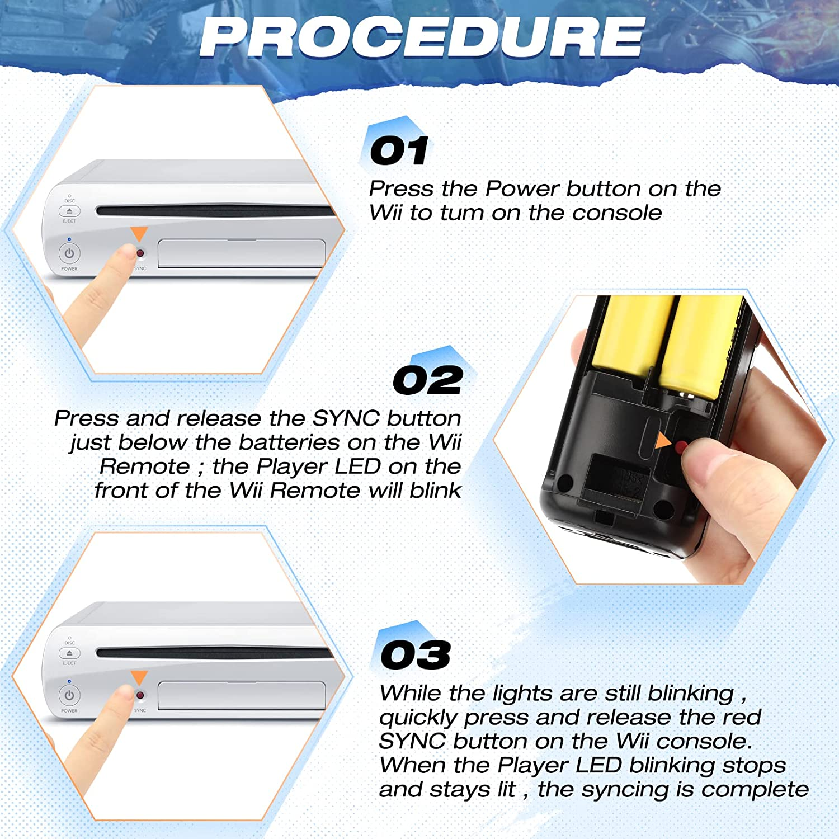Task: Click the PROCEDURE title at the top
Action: point(422,37)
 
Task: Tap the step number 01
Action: point(399,150)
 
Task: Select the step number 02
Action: point(428,380)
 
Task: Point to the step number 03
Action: point(416,655)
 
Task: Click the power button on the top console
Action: point(69,253)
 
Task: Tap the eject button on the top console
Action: point(69,211)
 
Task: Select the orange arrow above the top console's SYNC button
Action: point(139,234)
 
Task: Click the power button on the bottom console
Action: point(69,695)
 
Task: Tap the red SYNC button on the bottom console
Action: point(140,695)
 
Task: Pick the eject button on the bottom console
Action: point(69,653)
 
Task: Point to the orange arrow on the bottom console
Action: point(139,677)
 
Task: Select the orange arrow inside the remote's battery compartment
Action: point(663,440)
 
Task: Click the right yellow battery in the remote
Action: point(699,347)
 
